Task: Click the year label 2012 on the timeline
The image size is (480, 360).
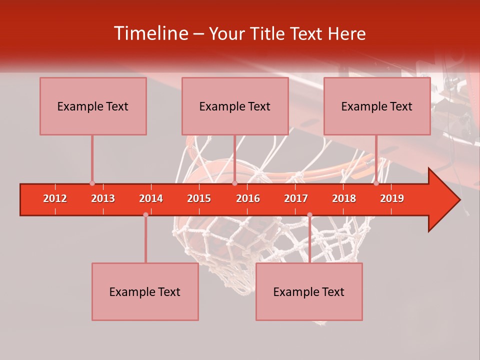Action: click(x=55, y=198)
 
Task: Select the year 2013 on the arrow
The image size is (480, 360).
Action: click(x=103, y=198)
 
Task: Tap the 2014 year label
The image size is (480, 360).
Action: click(x=151, y=198)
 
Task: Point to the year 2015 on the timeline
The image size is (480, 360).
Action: click(x=199, y=198)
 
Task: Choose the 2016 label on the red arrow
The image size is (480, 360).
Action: click(x=248, y=198)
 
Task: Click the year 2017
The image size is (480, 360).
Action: click(x=296, y=198)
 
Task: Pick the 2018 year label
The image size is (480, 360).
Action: click(x=344, y=198)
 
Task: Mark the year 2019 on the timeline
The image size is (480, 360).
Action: click(x=392, y=198)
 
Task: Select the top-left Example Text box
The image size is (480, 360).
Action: click(x=93, y=106)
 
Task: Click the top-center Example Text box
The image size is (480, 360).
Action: click(x=235, y=106)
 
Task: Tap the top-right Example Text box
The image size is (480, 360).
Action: click(x=377, y=106)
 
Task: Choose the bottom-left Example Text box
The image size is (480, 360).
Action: click(x=145, y=291)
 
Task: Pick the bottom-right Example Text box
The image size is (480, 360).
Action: click(x=309, y=291)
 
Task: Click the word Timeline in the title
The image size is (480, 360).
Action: click(x=150, y=33)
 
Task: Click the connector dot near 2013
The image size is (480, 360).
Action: click(x=92, y=183)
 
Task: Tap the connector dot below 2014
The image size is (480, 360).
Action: click(x=145, y=214)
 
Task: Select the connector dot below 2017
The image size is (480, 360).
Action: click(x=309, y=215)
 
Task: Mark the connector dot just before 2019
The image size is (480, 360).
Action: click(x=376, y=183)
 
